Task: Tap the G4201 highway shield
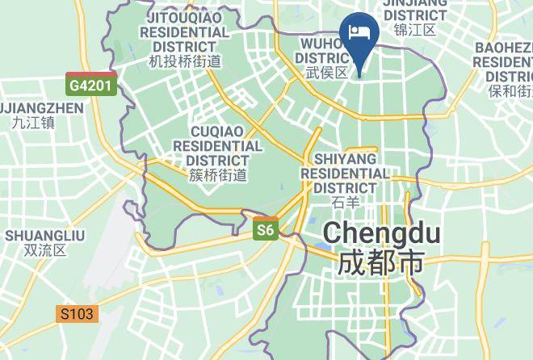pos(92,84)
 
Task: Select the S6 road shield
pos(266,231)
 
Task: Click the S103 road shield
pos(78,313)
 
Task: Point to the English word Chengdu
pos(382,234)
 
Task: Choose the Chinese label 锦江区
pos(414,30)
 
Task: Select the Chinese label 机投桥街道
pos(185,61)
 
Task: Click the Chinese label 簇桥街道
pos(217,174)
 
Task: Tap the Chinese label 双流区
pos(45,249)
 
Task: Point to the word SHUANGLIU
pos(45,235)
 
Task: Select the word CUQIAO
pos(218,131)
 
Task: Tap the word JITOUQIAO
pos(185,16)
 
